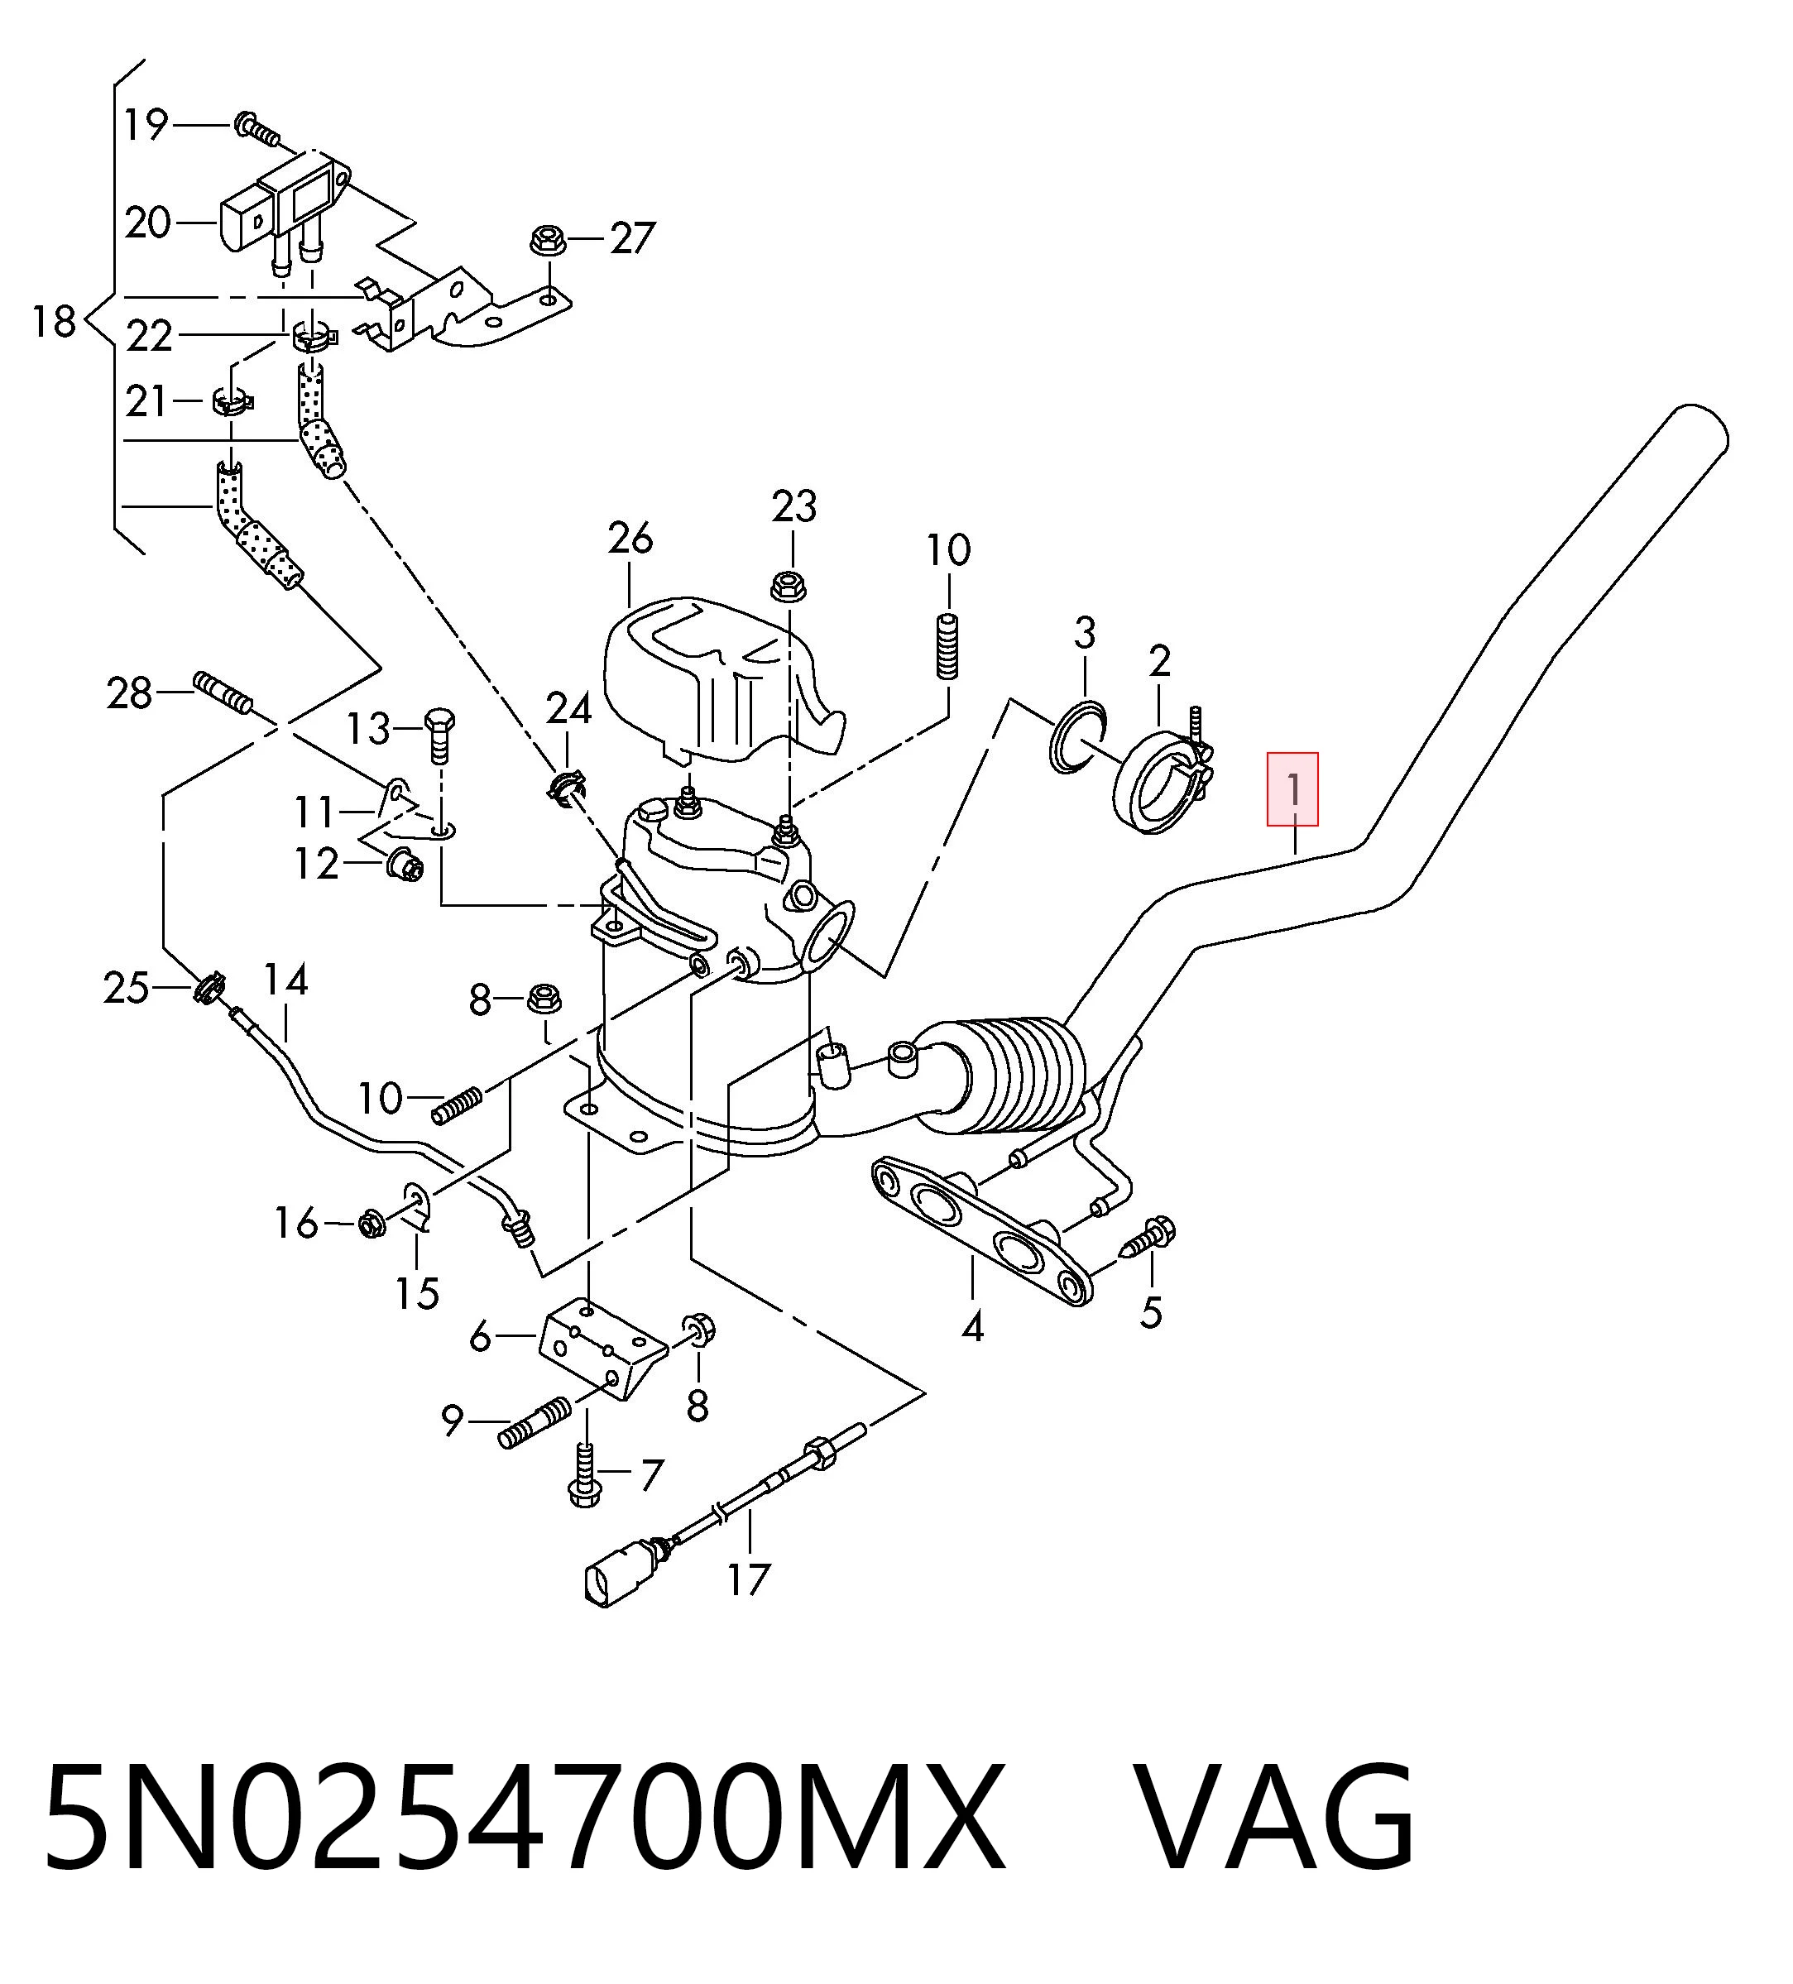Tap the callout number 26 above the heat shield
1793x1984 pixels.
(x=630, y=539)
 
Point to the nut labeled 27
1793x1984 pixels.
(x=546, y=240)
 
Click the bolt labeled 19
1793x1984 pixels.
(x=256, y=127)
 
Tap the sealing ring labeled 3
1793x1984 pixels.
(x=1077, y=739)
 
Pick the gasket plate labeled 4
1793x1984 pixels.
(x=979, y=1229)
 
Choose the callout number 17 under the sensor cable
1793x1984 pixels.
(x=748, y=1579)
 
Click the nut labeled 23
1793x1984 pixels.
(x=787, y=587)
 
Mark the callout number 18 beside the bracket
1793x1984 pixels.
(x=54, y=321)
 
